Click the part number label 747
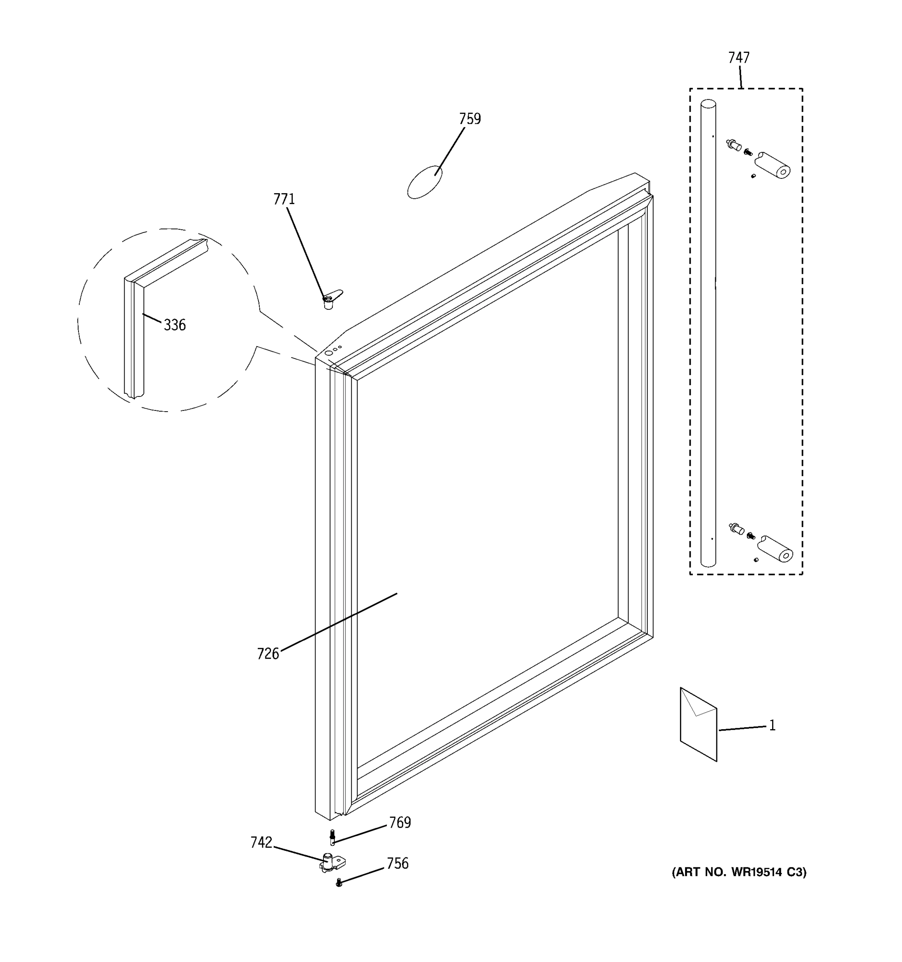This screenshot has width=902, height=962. (738, 58)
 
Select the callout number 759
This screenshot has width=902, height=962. (470, 119)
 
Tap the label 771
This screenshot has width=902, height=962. (284, 199)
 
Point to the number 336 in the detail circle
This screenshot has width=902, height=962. (175, 325)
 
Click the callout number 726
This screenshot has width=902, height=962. (268, 654)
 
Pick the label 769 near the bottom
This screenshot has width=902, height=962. (400, 823)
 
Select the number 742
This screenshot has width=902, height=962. (261, 843)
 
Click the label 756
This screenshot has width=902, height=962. (397, 863)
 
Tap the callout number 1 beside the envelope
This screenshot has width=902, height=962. (773, 726)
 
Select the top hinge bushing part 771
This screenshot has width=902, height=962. (330, 301)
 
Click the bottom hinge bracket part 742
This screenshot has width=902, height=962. (332, 863)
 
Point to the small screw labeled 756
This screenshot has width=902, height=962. (339, 883)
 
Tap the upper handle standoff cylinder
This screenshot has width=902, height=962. (773, 165)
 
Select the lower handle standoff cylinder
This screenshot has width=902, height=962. (775, 549)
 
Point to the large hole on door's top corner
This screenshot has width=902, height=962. (329, 353)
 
